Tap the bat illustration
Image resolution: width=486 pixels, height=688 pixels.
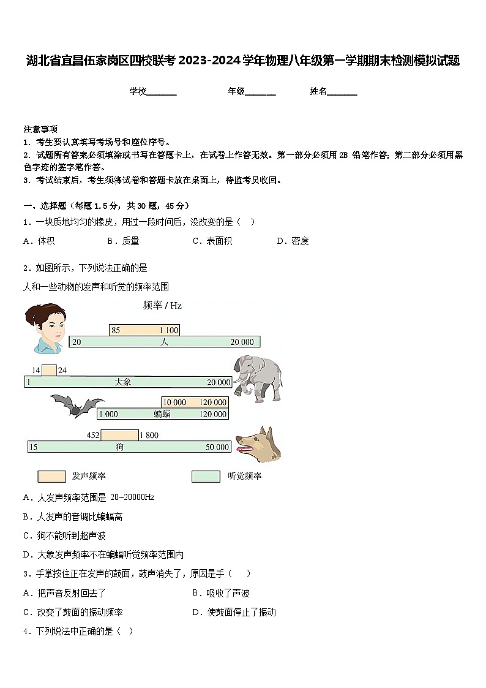pos(77,405)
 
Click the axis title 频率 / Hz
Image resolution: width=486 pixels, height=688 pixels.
pos(162,305)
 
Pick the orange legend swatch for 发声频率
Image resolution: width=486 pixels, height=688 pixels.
pos(51,476)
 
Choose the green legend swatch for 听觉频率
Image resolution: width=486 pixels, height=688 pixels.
pos(206,476)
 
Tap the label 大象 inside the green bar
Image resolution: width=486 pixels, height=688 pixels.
pos(123,382)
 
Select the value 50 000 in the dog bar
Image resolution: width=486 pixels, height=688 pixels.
pos(217,447)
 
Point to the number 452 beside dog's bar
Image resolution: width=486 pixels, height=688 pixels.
pos(92,436)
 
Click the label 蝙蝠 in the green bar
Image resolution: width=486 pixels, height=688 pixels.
pos(162,414)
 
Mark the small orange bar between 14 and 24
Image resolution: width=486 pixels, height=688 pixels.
pos(49,370)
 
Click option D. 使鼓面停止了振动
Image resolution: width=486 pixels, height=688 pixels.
pos(234,612)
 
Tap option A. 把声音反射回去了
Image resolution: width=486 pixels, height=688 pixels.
pos(64,593)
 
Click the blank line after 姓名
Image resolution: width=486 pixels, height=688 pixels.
pos(342,93)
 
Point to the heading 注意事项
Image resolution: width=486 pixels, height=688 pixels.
pos(40,129)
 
